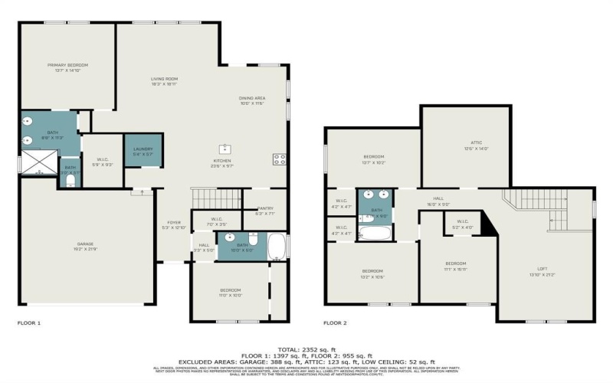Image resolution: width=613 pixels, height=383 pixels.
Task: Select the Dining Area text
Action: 252,100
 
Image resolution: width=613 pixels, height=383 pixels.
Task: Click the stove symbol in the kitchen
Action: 279,159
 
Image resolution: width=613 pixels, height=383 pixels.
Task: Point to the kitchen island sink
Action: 227,148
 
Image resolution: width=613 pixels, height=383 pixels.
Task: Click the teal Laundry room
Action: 143,151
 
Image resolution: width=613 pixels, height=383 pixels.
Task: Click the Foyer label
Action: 171,224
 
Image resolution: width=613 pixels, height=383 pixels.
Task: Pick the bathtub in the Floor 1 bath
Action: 277,247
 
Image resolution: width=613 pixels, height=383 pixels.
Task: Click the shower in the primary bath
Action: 38,163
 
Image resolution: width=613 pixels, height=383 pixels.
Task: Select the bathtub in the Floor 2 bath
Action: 375,230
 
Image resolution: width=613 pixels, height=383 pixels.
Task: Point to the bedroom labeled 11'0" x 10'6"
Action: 230,293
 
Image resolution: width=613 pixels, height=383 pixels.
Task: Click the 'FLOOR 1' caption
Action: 28,323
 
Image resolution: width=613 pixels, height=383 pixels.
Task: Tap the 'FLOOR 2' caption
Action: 335,323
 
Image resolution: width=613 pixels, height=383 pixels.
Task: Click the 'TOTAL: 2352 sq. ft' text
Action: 306,349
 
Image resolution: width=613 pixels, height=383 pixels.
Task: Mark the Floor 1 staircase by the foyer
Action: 215,199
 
